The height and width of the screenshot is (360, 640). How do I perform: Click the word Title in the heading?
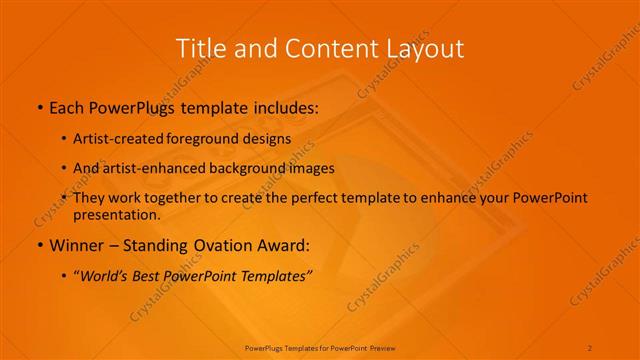click(198, 48)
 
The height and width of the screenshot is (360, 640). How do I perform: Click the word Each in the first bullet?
click(66, 105)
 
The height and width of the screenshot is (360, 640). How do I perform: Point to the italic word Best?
click(144, 275)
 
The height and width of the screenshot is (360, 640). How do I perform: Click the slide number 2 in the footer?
click(591, 347)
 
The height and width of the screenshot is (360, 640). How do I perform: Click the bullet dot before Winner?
click(39, 245)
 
